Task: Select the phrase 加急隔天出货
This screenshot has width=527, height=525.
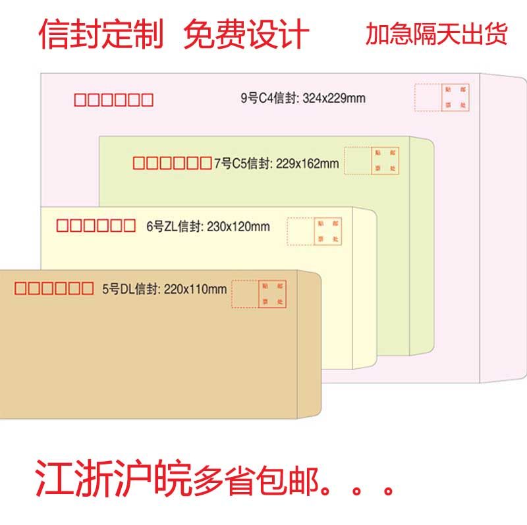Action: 437,34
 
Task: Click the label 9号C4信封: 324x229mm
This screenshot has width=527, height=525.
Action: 302,99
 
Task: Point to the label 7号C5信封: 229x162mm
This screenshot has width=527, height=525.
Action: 277,163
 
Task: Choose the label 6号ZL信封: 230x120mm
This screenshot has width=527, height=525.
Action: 208,227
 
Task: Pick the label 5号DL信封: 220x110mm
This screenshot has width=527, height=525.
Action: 164,289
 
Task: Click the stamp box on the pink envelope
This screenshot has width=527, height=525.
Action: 455,97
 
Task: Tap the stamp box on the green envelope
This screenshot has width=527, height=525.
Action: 385,161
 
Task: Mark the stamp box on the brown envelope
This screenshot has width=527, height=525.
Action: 273,294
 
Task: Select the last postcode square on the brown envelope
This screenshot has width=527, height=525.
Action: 87,288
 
